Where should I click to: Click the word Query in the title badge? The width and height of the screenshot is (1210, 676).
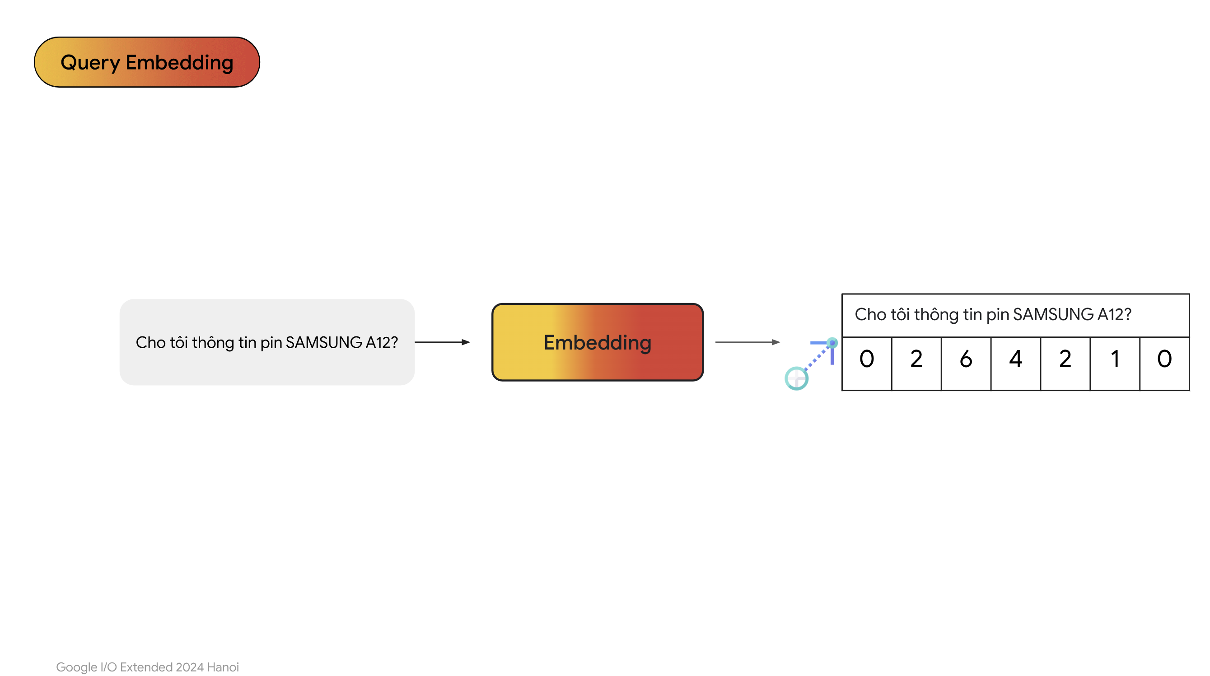coord(90,63)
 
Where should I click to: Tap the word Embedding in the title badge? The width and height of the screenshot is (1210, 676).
coord(179,63)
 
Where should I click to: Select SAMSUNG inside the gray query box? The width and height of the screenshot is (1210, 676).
coord(324,342)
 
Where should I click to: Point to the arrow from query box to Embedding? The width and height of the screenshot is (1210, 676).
coord(443,342)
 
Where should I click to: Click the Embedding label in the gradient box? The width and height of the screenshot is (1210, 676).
coord(598,342)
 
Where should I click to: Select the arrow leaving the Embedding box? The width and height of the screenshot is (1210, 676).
coord(747,342)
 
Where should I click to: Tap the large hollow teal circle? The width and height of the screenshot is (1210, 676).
coord(797,378)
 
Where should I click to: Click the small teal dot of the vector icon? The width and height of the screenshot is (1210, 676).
coord(832,343)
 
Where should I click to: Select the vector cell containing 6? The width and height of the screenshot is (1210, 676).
coord(966,364)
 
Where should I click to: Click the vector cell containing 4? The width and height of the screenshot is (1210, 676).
coord(1016,364)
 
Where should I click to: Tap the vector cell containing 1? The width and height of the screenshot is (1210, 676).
coord(1115,364)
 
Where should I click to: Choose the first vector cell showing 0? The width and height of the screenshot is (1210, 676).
coord(867,364)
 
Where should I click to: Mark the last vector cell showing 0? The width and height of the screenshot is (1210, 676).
coord(1165,364)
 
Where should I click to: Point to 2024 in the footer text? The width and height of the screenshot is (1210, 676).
coord(190,667)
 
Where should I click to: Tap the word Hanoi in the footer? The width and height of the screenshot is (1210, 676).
coord(223,667)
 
